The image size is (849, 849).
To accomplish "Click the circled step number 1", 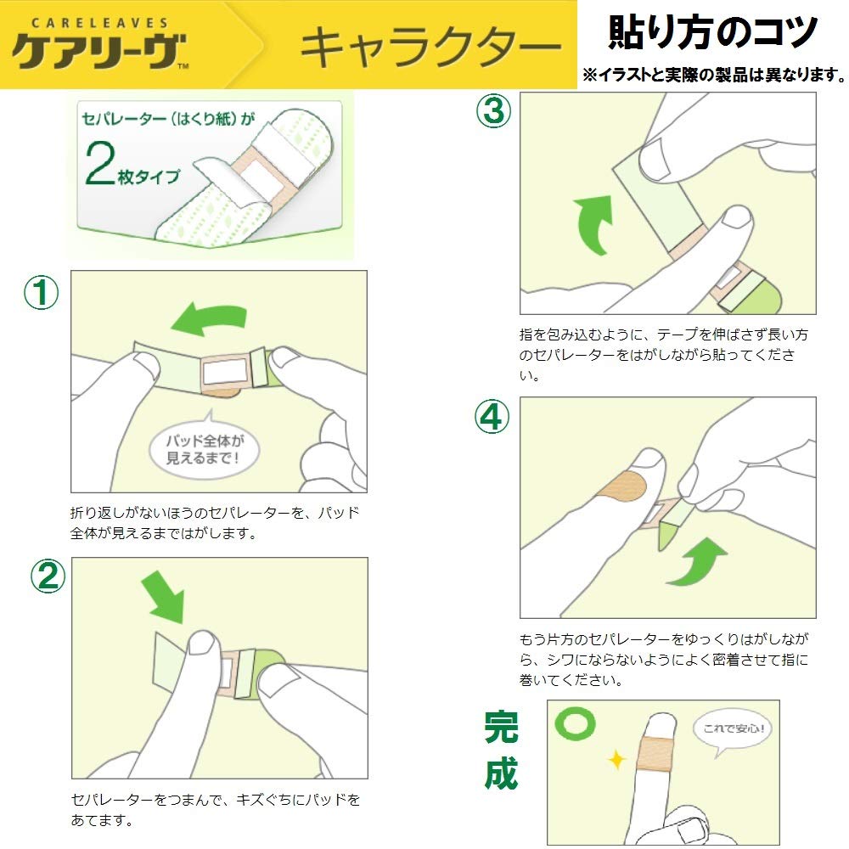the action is coord(41,292).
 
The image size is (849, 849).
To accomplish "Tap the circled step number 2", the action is coord(48,576).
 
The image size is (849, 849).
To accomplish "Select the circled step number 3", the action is coord(493,110).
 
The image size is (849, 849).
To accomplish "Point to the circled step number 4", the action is coord(492,416).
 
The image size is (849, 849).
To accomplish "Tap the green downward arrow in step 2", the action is coord(164,599).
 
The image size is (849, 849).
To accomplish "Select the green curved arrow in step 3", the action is coord(593,224).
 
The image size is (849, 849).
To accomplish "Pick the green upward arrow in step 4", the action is coord(697,561).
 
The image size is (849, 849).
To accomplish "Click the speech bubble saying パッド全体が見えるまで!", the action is coord(204,447).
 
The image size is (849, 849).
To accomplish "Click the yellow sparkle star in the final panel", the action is coord(616,759).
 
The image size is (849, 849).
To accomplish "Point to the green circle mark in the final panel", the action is coord(575,723).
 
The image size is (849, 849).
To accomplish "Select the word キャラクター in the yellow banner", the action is coord(431,48).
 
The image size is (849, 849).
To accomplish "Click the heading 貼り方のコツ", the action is coord(712,32).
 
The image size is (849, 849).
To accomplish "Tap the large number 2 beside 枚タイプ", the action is coord(100,163).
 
